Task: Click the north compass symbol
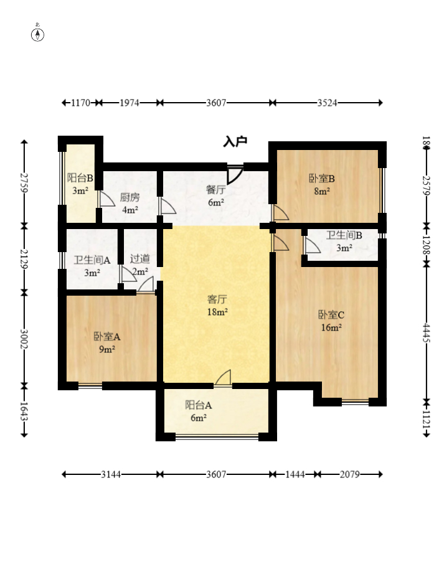(37, 33)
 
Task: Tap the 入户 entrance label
(235, 141)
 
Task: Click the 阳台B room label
(80, 178)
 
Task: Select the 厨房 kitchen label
(130, 197)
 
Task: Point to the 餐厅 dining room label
(215, 190)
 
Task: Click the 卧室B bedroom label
(322, 179)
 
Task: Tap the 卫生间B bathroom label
(344, 235)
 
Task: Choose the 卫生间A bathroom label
(92, 260)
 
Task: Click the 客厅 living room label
(217, 299)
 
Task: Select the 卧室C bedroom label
(331, 315)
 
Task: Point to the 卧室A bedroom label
(107, 336)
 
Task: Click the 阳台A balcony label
(199, 405)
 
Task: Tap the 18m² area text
(217, 312)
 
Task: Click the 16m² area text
(331, 327)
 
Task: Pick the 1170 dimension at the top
(80, 103)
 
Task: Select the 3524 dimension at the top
(328, 103)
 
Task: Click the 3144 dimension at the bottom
(111, 474)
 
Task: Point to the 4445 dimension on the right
(427, 332)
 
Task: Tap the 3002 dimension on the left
(24, 339)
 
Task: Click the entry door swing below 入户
(234, 175)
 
